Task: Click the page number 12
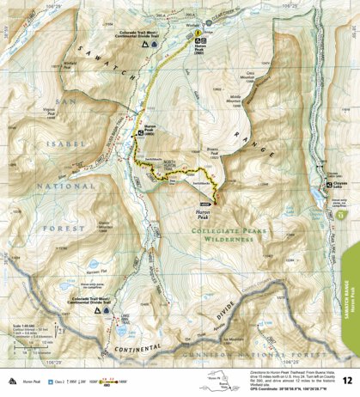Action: click(x=346, y=379)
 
